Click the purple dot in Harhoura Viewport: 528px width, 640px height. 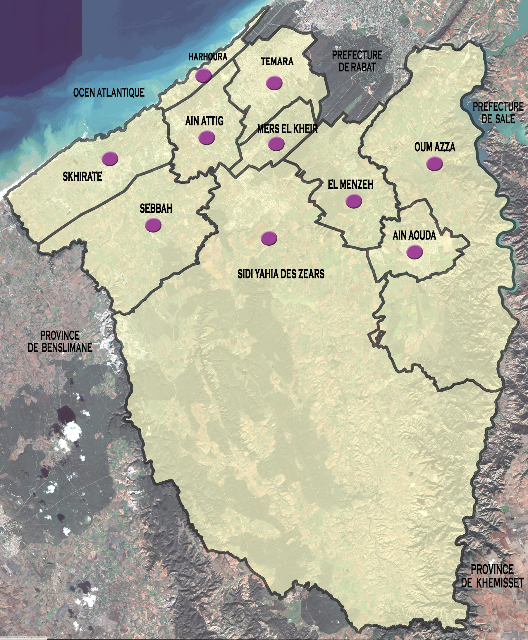204,75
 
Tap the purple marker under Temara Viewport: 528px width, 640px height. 274,82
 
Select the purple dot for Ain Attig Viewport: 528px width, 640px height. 207,137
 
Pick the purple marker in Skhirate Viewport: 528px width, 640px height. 110,159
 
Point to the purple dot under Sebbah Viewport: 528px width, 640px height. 153,225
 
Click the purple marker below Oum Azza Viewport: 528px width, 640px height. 434,163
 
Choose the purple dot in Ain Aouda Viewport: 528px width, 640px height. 415,252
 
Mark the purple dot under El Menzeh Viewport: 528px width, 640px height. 354,201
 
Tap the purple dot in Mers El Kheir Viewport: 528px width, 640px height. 276,144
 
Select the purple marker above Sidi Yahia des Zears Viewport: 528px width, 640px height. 269,238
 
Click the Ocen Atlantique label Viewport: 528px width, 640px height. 109,92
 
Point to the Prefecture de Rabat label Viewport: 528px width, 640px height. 357,61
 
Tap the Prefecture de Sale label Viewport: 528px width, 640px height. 498,113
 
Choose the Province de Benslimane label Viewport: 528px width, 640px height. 60,341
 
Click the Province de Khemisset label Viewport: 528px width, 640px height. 492,576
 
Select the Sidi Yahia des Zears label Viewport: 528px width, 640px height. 281,274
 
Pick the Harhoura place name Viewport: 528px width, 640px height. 208,57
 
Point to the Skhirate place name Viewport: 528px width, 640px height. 82,176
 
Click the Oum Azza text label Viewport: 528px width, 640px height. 435,147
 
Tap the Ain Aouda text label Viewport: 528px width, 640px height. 414,235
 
